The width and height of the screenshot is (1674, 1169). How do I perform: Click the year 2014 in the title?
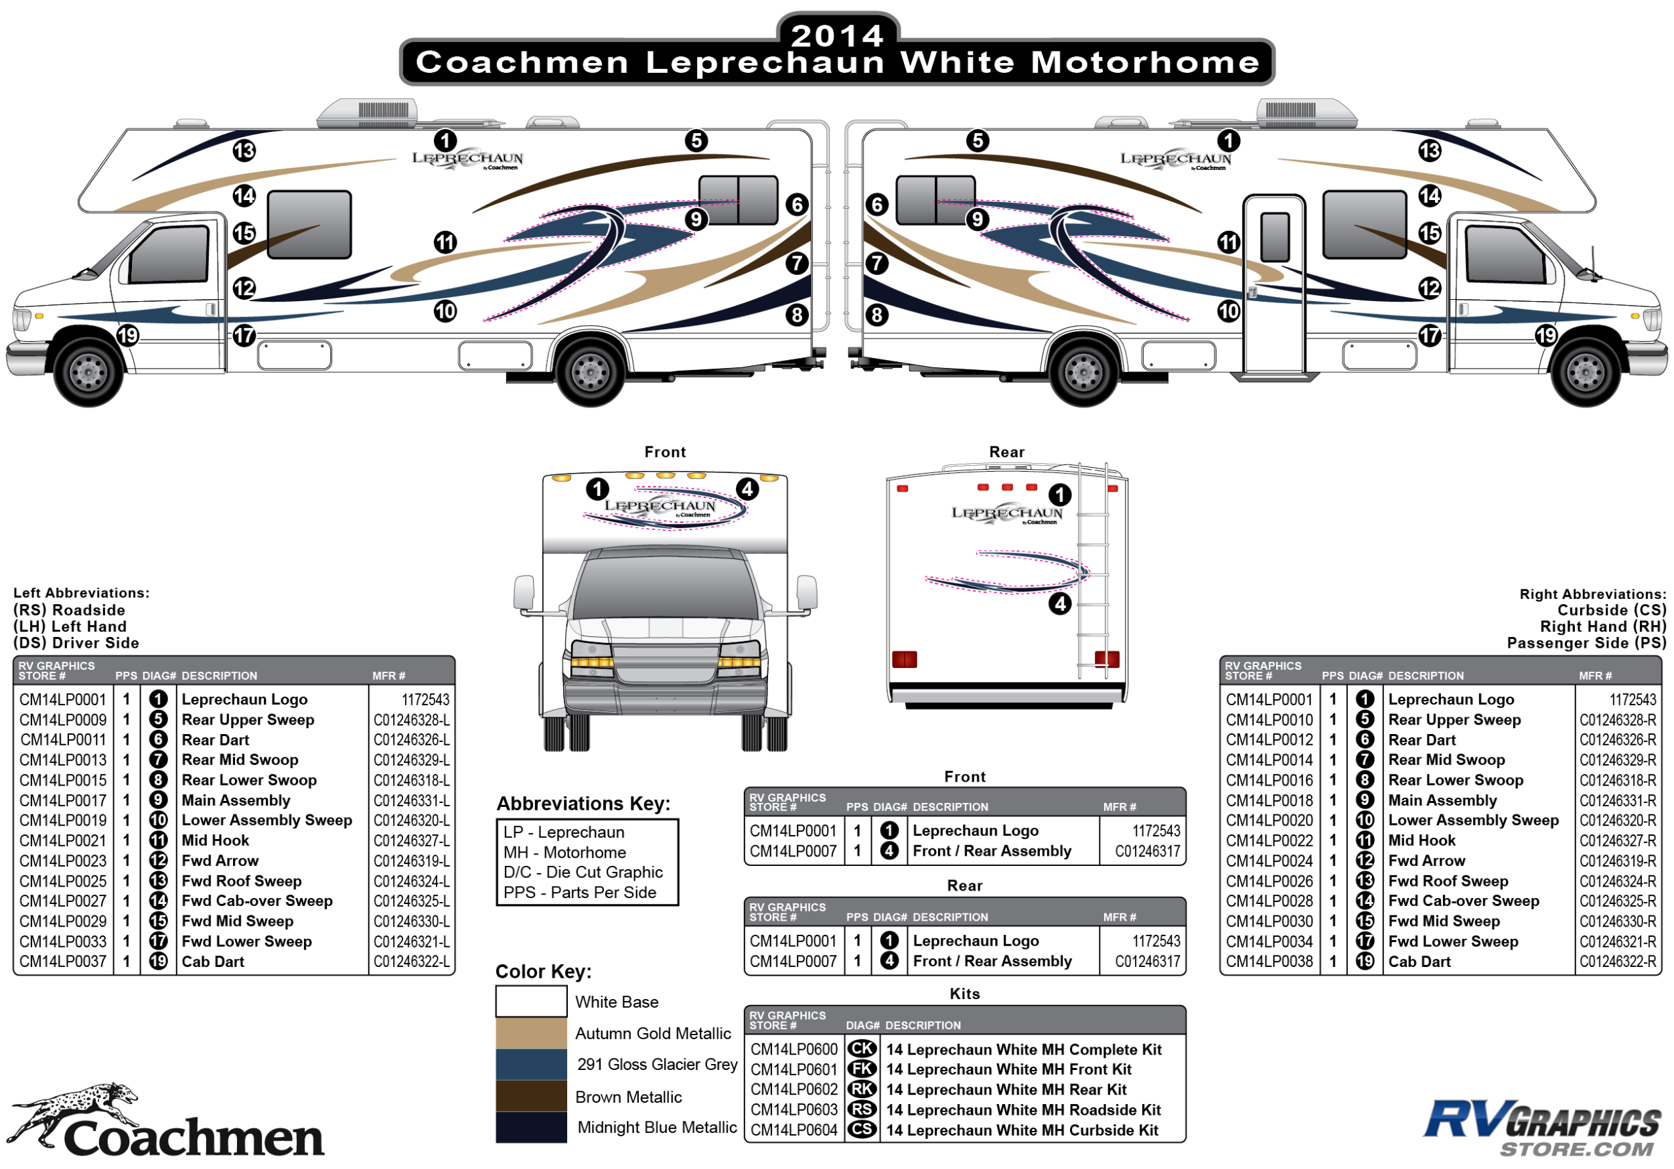coord(837,35)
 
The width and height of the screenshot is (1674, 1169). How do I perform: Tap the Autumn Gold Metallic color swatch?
coord(531,1032)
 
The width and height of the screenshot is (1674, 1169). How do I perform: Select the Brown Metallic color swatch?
coord(531,1095)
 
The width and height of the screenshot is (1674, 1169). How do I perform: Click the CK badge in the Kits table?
coord(862,1049)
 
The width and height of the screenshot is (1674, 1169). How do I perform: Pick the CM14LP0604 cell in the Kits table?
coord(794,1130)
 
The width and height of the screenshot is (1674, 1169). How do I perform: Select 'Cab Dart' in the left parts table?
coord(213,962)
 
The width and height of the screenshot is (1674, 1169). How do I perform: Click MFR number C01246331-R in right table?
coord(1617,800)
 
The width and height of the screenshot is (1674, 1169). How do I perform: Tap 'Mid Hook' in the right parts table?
coord(1421,840)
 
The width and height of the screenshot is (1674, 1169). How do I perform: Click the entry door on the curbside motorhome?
coord(1274,284)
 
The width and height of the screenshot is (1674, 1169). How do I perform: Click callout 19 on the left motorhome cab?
coord(128,335)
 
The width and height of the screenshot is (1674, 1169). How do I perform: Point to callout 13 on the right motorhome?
coord(1429,151)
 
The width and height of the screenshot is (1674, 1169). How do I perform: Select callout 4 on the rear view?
coord(1059,604)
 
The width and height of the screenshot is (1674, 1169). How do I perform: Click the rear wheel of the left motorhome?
coord(590,371)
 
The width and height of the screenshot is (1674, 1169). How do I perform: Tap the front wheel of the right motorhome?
coord(1585,371)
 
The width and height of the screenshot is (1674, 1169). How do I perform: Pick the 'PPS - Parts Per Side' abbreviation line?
coord(580,892)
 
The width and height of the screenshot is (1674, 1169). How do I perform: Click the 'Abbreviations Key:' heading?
coord(583,803)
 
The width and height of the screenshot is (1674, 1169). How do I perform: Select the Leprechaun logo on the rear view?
coord(1007,514)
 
